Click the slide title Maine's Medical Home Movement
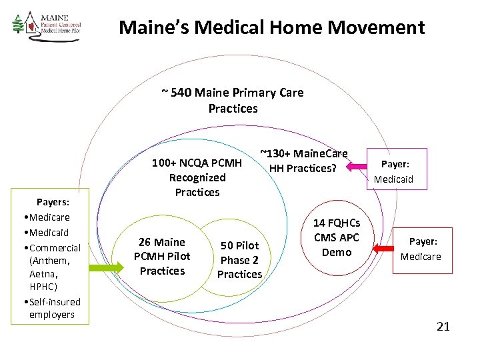[271, 28]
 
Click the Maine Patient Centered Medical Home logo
[45, 27]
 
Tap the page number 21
[443, 326]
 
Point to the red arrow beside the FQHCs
[384, 249]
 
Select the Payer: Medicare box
[420, 249]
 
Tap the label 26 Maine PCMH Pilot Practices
[162, 257]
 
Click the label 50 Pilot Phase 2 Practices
[239, 260]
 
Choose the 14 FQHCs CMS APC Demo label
[337, 237]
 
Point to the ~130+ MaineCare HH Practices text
[303, 160]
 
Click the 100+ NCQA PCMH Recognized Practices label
[197, 177]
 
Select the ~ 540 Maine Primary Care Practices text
[233, 100]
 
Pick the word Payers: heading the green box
[52, 202]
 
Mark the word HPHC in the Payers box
[43, 286]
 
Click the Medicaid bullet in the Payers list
[49, 232]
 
